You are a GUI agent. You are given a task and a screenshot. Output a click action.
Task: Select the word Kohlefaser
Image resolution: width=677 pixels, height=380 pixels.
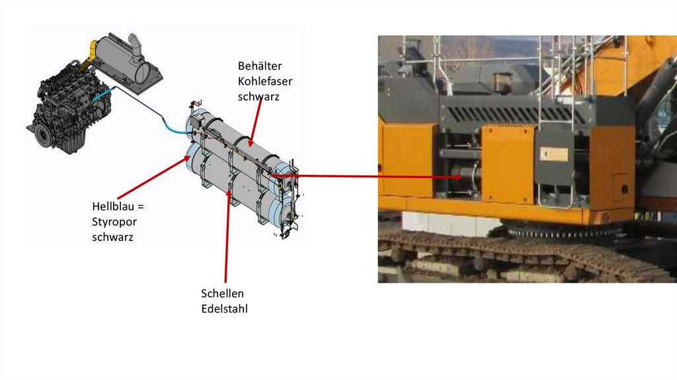[x=264, y=81]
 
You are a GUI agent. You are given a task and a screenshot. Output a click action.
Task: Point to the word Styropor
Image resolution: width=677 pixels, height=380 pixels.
[x=113, y=222]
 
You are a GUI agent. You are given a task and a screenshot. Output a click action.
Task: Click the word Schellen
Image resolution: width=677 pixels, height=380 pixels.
[x=222, y=293]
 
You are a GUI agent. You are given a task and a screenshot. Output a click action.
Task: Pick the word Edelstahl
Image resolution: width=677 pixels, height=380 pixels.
[x=224, y=309]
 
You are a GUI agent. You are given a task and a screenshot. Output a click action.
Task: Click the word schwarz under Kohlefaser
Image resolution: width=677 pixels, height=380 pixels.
[x=259, y=96]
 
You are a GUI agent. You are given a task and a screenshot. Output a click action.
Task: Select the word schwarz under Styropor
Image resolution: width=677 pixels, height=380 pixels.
[x=112, y=237]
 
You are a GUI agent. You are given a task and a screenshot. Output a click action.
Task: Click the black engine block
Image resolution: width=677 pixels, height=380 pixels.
[x=66, y=106]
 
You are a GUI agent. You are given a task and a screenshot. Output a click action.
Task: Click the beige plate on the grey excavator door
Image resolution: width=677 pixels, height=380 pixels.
[x=555, y=154]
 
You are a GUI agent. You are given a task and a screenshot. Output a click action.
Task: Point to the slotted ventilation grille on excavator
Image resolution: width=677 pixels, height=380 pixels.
[x=516, y=114]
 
